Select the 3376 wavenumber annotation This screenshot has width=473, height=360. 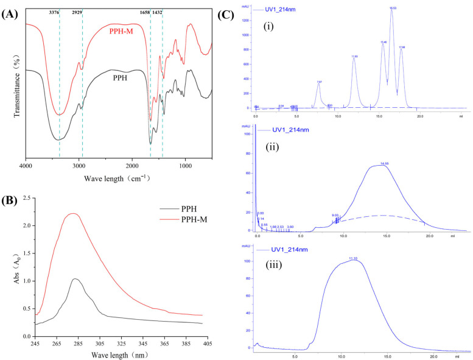(59, 12)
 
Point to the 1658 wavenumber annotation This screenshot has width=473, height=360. (150, 12)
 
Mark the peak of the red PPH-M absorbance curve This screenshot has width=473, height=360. (73, 214)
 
